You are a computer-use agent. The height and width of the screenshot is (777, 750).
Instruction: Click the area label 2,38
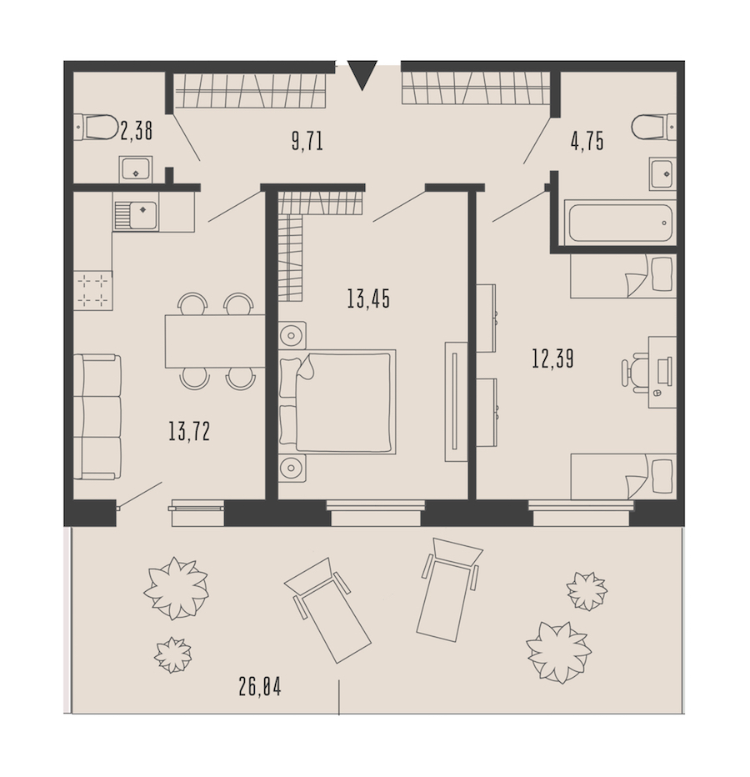pos(136,132)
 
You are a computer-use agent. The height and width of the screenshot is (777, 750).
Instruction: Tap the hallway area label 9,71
pos(307,142)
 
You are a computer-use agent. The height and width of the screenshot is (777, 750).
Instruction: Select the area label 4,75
pos(587,142)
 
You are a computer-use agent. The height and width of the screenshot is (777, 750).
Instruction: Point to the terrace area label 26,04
pos(259,687)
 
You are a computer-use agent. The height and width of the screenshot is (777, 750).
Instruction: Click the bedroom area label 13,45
pos(368,298)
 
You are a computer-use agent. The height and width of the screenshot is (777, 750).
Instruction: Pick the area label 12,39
pos(552,358)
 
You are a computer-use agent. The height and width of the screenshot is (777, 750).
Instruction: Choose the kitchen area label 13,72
pos(189,431)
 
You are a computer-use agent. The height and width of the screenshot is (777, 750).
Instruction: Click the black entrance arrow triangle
pos(362,74)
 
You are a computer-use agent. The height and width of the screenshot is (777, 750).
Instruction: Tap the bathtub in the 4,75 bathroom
pos(620,223)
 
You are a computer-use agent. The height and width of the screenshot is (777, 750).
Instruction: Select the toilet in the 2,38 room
pos(96,127)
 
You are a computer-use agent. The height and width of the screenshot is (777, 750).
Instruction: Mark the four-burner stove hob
pos(93,290)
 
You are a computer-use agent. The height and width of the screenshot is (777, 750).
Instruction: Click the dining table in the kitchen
pos(215,342)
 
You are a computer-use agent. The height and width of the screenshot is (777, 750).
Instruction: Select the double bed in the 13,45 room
pos(337,401)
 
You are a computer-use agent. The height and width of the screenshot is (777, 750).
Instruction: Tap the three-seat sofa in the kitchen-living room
pos(97,417)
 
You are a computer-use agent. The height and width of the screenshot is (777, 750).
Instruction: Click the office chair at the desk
pos(635,373)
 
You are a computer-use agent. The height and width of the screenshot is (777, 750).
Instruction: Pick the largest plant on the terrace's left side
pos(176,589)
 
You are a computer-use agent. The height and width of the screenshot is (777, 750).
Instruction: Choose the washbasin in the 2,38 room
pos(136,169)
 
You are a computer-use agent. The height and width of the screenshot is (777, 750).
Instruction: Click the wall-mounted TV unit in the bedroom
pos(456,401)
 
